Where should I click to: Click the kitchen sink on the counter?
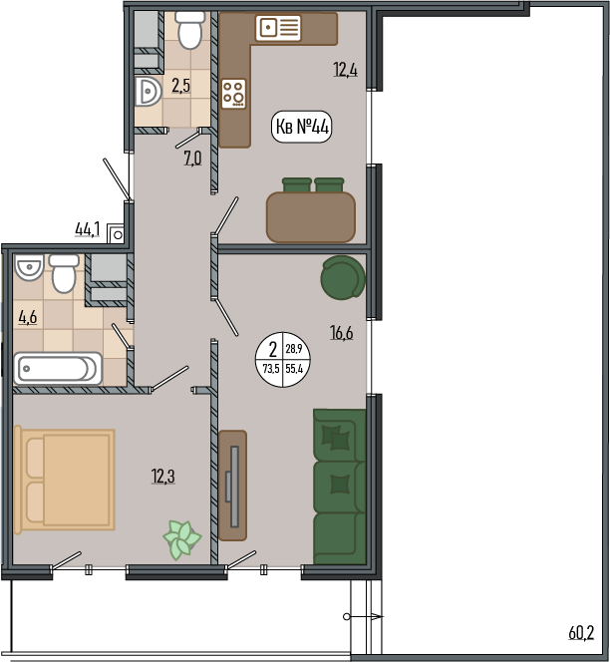click(278, 28)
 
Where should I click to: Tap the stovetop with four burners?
click(233, 94)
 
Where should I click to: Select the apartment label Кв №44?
click(301, 127)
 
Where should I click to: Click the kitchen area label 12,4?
click(345, 70)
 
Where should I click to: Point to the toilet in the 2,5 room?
click(189, 29)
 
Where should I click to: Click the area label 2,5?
click(180, 86)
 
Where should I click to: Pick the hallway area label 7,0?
click(192, 159)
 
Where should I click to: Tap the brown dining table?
click(311, 217)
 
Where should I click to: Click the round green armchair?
click(343, 277)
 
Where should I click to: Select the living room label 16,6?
click(342, 333)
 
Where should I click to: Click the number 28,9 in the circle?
click(294, 349)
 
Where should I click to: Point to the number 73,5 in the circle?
click(271, 369)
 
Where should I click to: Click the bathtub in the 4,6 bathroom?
click(58, 369)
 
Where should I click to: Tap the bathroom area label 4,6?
click(28, 317)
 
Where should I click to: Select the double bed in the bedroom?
click(64, 480)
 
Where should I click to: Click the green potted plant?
click(182, 540)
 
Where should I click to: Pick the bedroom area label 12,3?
click(162, 477)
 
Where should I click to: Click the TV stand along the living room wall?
click(232, 486)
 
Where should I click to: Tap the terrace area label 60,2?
click(581, 633)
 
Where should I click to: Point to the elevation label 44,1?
click(88, 229)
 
